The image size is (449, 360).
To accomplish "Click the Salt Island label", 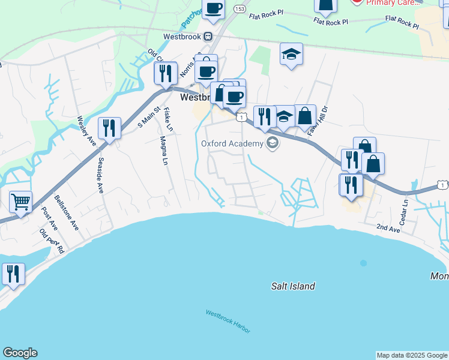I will click(292, 286).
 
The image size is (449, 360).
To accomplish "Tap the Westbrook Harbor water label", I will click(228, 322).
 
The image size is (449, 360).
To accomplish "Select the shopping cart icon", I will click(20, 202).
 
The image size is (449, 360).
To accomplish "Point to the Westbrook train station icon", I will click(208, 35).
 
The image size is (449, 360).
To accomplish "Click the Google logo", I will click(20, 353).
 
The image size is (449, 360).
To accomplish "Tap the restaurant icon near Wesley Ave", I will click(109, 128).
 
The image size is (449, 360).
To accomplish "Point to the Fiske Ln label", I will click(168, 119).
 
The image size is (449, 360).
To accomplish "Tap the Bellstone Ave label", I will click(67, 212).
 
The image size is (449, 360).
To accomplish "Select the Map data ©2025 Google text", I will click(412, 355).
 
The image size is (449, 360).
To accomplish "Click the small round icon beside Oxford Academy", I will click(273, 143).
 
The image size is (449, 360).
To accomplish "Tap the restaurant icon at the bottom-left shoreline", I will click(13, 274).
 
